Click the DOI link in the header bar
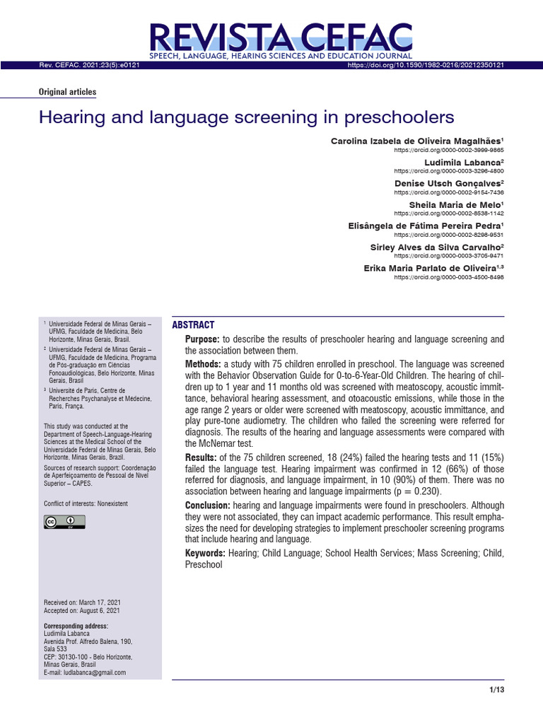point(426,65)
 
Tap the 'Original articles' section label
point(67,92)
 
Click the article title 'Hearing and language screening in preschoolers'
point(246,117)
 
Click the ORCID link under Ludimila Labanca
point(449,171)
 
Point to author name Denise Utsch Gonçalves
point(449,183)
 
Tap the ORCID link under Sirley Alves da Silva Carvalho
point(449,256)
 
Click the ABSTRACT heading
point(193,325)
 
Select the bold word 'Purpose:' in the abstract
point(203,340)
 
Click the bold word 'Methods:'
point(204,363)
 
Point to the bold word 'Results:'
point(202,458)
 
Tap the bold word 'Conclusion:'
point(208,506)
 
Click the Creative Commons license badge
point(64,522)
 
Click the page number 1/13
point(496,690)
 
